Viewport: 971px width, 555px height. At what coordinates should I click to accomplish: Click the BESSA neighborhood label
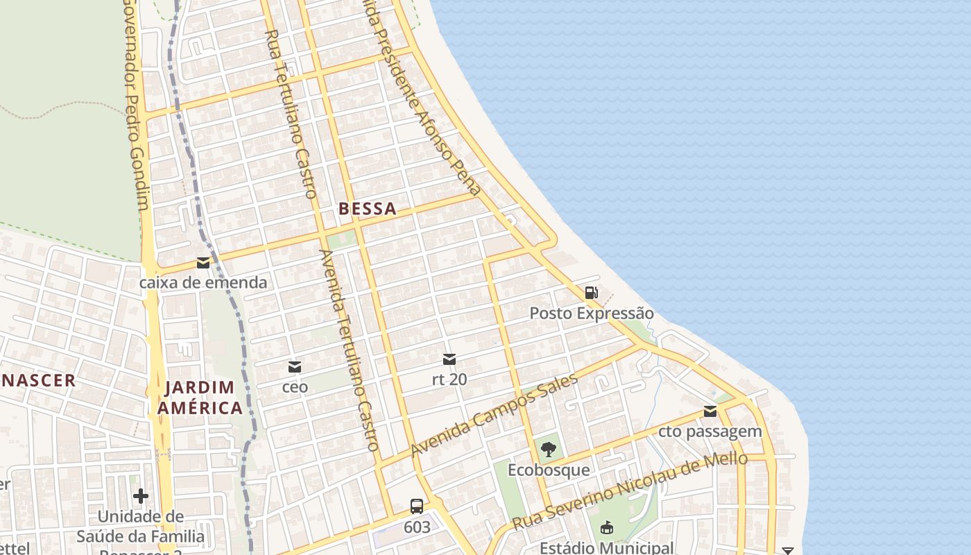click(x=368, y=209)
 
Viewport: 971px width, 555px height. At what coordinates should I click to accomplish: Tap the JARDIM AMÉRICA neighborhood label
click(x=200, y=398)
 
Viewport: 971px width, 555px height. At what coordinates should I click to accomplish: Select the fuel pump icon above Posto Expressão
click(x=591, y=293)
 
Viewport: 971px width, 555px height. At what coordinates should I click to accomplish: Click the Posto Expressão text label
click(x=592, y=313)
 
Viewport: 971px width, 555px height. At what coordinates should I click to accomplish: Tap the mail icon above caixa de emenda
click(x=203, y=263)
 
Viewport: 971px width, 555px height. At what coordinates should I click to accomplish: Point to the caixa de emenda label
click(x=203, y=282)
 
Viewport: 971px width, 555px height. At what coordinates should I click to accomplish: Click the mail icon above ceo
click(x=295, y=366)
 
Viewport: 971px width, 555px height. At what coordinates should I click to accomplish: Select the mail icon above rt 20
click(x=449, y=359)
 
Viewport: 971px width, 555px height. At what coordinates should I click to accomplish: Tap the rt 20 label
click(x=449, y=379)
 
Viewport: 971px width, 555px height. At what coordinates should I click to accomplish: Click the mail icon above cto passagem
click(x=710, y=411)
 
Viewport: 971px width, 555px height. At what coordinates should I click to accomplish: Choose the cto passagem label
click(x=710, y=432)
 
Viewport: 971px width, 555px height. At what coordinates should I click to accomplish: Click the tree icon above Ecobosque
click(x=549, y=450)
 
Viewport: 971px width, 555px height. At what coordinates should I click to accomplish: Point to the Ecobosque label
click(x=549, y=470)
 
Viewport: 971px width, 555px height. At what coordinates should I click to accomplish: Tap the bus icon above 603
click(x=417, y=506)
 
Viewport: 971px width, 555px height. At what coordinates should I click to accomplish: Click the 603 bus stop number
click(x=417, y=527)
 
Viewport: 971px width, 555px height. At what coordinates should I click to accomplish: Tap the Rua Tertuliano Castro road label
click(x=291, y=114)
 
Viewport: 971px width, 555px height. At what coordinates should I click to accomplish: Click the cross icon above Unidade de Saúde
click(x=141, y=495)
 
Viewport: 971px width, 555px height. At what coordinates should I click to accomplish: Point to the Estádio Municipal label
click(x=606, y=548)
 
